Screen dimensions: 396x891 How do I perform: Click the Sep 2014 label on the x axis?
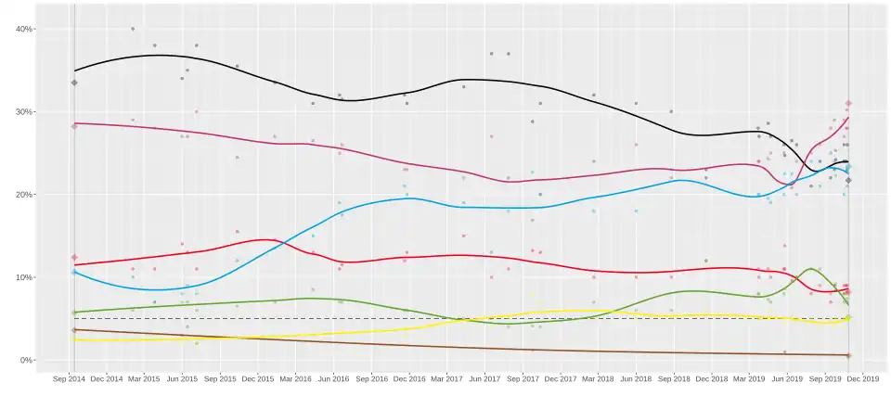point(71,379)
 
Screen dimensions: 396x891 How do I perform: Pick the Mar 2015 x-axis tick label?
point(144,379)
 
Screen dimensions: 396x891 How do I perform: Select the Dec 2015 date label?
point(257,379)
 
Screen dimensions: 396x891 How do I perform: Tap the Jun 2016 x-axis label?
point(332,379)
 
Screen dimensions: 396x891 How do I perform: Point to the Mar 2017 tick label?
point(445,379)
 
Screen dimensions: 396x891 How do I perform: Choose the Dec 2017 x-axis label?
point(560,379)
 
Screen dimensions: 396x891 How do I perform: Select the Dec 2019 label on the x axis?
point(862,379)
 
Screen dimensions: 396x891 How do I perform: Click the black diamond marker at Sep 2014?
point(74,83)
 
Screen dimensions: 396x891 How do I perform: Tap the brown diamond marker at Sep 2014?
point(74,330)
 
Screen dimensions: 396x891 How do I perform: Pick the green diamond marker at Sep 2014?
point(74,313)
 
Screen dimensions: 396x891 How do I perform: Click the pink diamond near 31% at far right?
point(848,104)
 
